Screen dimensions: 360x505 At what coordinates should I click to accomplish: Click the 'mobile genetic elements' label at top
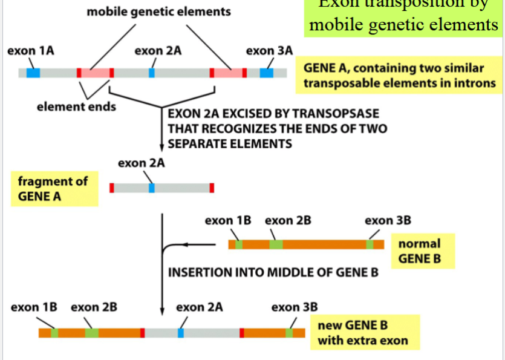[159, 12]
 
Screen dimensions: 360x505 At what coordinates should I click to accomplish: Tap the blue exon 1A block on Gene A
[33, 73]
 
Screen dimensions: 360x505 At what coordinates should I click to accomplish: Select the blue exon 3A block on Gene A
[266, 73]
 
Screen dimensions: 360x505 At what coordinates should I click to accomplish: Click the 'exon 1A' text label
[30, 51]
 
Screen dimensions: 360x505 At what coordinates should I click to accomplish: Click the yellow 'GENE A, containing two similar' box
[399, 76]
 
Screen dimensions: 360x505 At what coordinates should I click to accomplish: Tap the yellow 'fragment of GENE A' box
[53, 189]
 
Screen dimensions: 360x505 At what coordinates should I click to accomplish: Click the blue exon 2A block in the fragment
[152, 188]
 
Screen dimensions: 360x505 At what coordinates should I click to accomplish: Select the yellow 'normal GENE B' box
[420, 252]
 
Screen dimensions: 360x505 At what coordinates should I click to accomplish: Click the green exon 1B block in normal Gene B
[239, 244]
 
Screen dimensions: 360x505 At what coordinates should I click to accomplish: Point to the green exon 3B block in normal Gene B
[370, 244]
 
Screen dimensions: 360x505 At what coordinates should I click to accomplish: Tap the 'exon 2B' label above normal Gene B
[288, 221]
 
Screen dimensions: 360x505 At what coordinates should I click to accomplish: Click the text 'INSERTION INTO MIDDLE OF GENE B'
[273, 272]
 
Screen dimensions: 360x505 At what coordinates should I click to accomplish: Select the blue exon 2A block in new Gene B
[181, 333]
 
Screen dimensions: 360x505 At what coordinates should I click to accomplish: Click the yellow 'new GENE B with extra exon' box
[363, 333]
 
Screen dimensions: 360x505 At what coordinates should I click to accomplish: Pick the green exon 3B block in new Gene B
[289, 333]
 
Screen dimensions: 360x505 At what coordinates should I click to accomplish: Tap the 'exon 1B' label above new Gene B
[34, 307]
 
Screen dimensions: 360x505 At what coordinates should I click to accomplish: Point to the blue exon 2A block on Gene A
[152, 73]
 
